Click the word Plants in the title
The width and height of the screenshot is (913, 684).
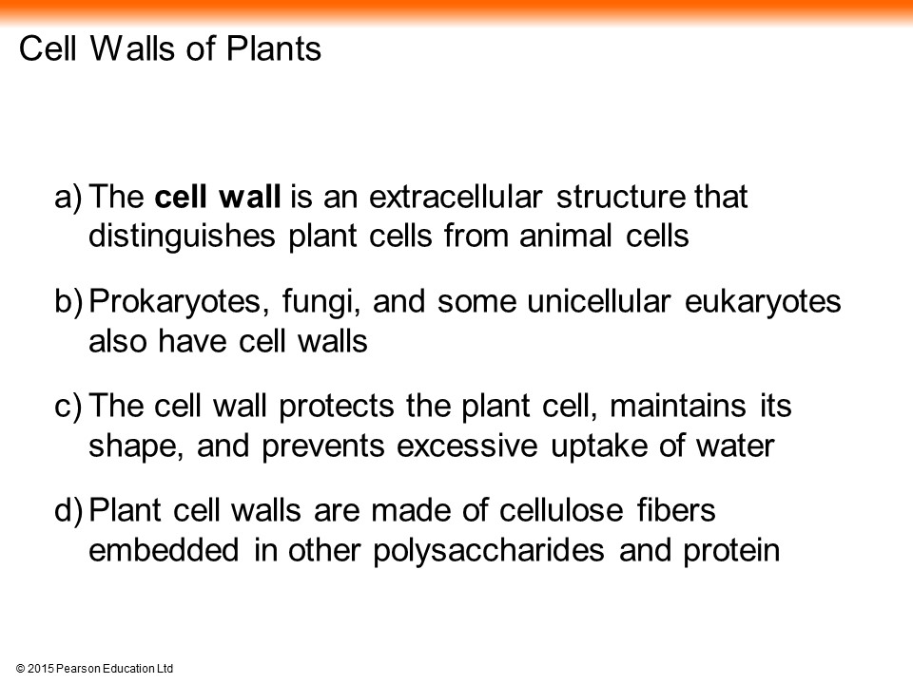(x=273, y=48)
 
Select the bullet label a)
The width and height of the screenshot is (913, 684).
(x=68, y=198)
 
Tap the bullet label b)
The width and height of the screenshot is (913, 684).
(x=68, y=301)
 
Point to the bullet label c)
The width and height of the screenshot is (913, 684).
(x=68, y=406)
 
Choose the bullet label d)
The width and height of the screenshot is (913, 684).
(x=68, y=510)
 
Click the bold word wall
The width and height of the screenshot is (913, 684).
(x=249, y=196)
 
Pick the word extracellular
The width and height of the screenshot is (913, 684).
(x=456, y=196)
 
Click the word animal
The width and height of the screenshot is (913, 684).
(x=565, y=236)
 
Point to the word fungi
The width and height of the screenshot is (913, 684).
(x=320, y=302)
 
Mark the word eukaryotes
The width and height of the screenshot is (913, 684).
(x=763, y=302)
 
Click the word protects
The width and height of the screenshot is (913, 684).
(x=336, y=407)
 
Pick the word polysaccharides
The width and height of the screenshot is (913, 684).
(x=489, y=551)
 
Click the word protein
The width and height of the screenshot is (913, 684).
(x=731, y=551)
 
